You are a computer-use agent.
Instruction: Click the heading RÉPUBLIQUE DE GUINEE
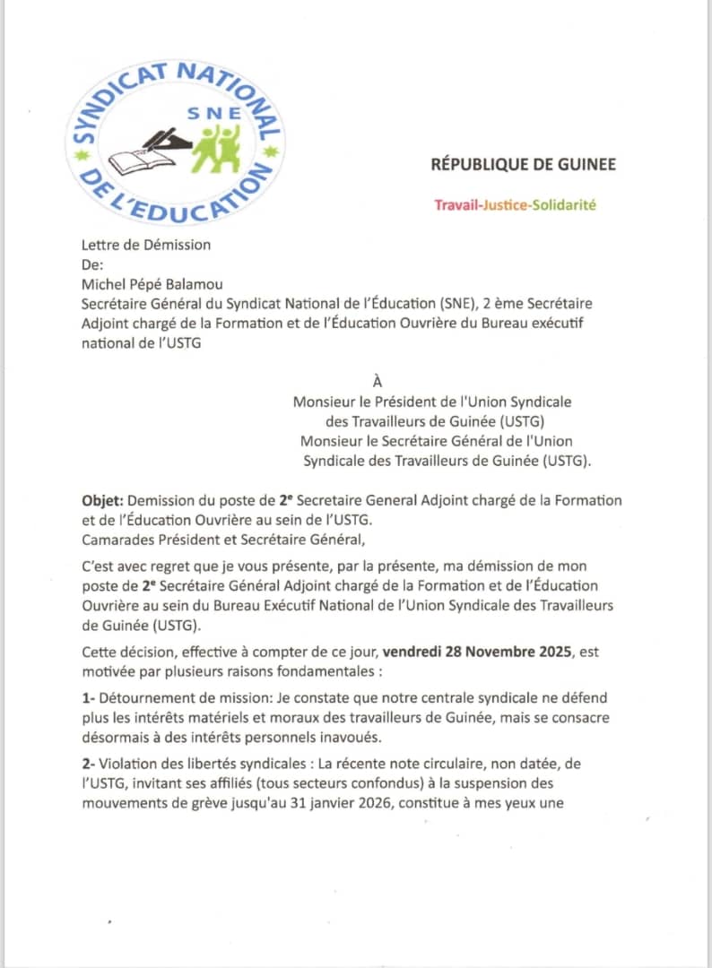click(x=523, y=164)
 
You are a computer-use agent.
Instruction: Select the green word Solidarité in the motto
click(x=563, y=205)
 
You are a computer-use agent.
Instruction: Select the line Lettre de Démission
click(x=145, y=244)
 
